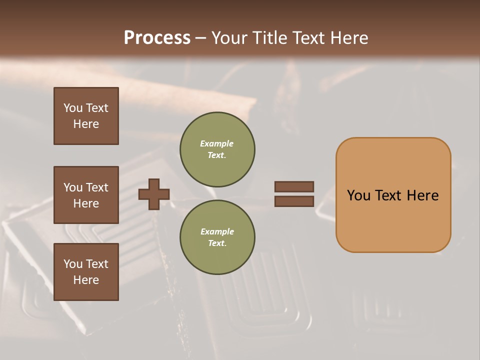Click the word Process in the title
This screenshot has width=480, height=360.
coord(157,38)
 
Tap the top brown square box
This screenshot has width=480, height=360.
coord(86,116)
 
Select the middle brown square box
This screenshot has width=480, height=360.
coord(86,195)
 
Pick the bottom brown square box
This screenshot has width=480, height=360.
coord(86,272)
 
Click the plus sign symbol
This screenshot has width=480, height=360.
coord(154,194)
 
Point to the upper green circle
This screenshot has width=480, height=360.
coord(217,149)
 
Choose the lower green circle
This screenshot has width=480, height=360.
coord(217,237)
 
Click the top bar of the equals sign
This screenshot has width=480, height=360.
coord(294,186)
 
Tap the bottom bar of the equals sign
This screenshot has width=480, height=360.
coord(294,201)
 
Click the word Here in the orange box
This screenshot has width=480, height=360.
coord(422,195)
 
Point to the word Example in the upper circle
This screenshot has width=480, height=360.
coord(216,143)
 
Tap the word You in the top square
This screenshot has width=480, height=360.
coord(72,108)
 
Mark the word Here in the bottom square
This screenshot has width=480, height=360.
coord(86,280)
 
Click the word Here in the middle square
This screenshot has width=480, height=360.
coord(86,203)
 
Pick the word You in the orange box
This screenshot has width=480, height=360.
coord(358,195)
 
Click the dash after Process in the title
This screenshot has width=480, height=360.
coord(200,38)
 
